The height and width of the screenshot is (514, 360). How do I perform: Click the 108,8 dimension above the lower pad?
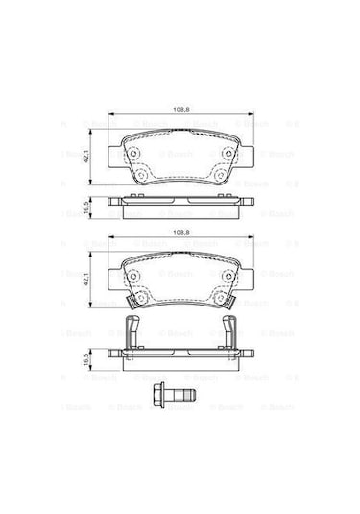pos(179,233)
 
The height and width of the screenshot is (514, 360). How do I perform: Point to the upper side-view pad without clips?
pos(180,203)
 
